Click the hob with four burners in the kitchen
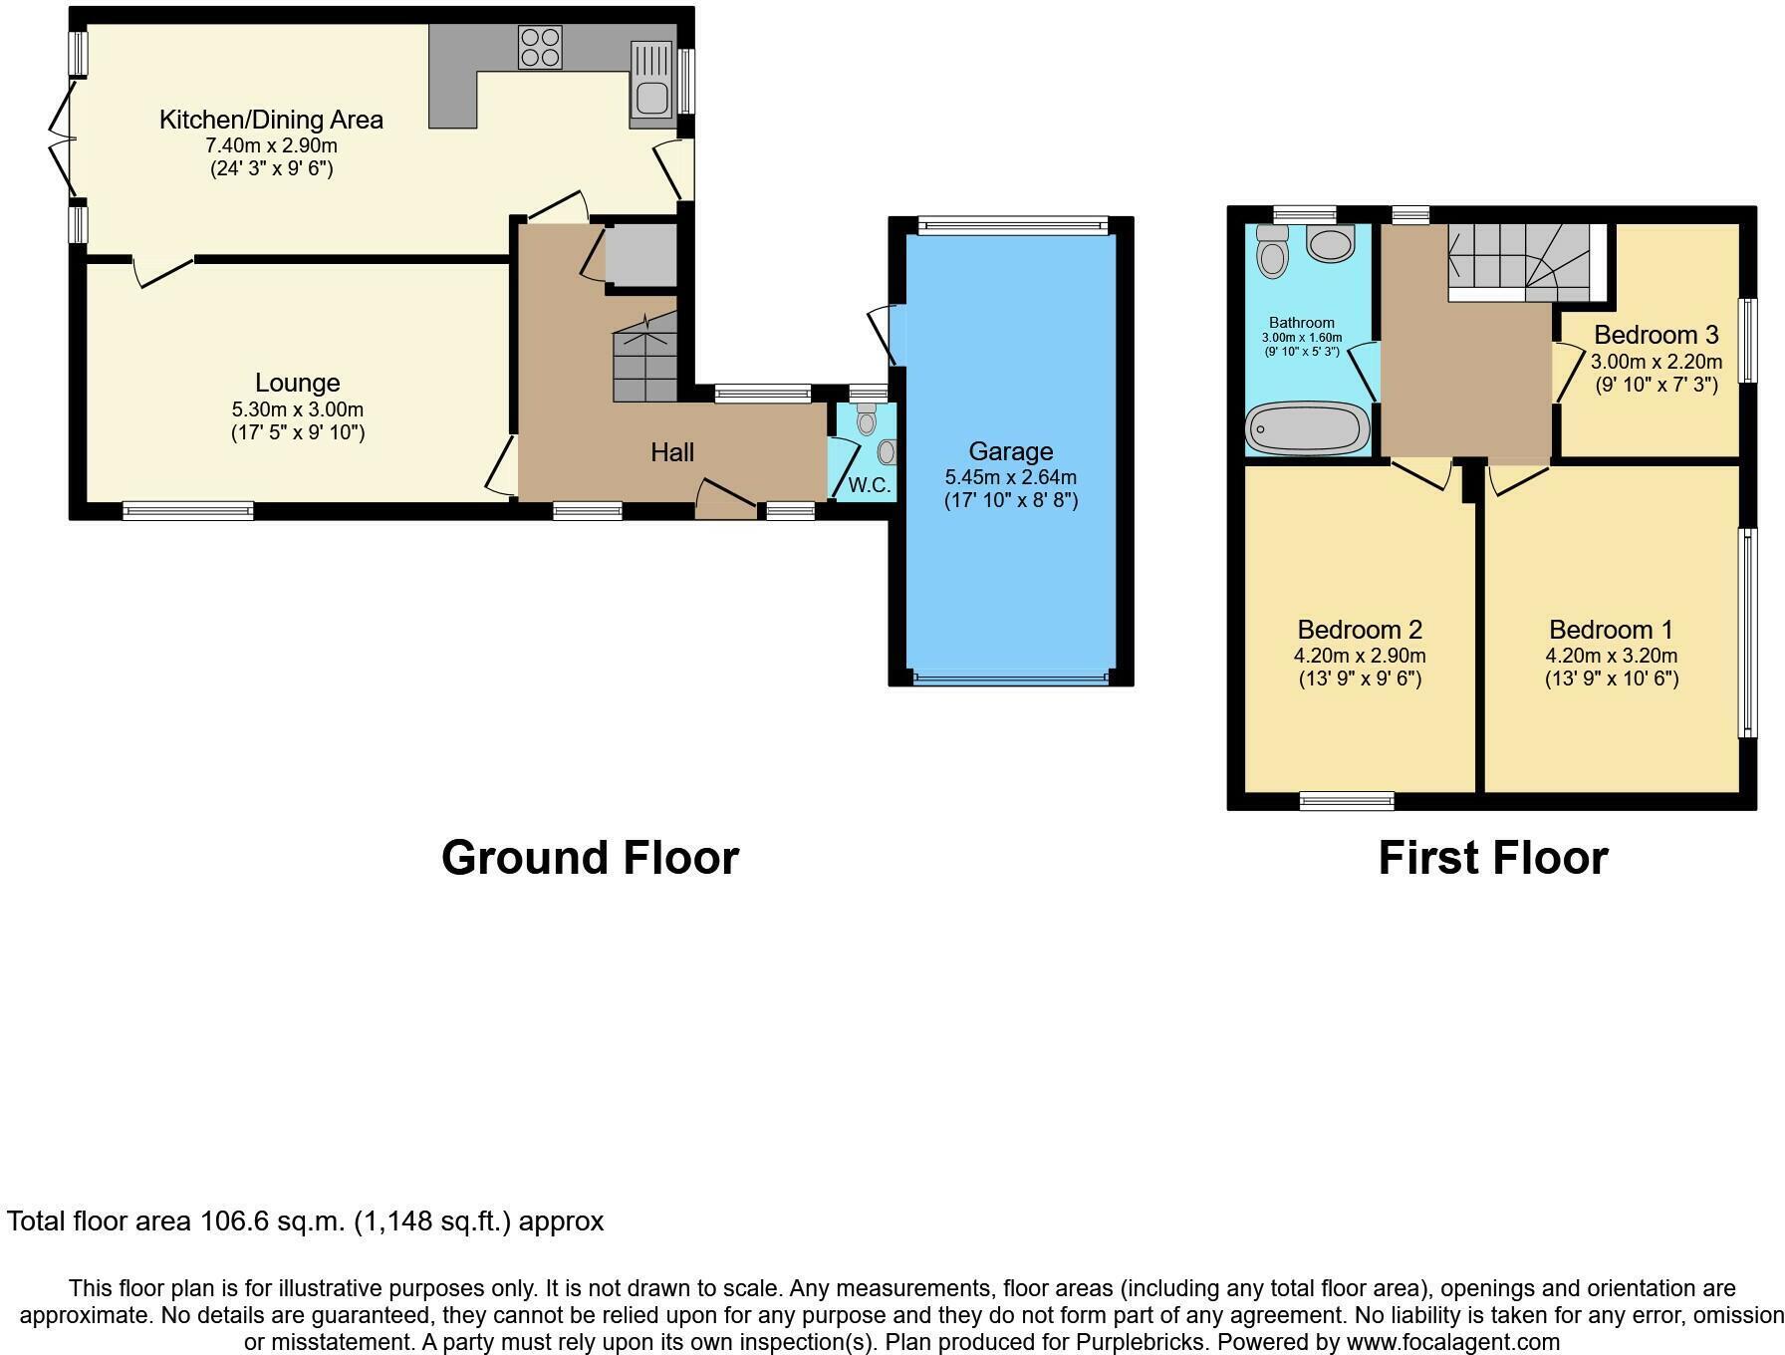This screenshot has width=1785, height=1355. coord(539,47)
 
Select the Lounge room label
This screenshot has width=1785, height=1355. coord(297,383)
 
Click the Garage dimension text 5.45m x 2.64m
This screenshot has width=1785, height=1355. coord(1010,477)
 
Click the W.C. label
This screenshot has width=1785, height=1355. coord(869,486)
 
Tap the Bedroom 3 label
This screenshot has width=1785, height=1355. coord(1656,335)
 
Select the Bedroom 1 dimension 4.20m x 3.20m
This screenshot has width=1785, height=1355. coord(1611,656)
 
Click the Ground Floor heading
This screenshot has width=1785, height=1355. coord(590,858)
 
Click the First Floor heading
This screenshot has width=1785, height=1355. coord(1492,858)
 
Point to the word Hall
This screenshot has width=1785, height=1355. coord(672,452)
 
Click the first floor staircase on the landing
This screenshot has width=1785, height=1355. coord(1519,262)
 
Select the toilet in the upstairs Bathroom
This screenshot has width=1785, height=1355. coord(1272,252)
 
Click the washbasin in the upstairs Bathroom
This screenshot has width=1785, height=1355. coord(1330,242)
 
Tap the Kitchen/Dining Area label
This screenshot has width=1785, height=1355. coord(271,121)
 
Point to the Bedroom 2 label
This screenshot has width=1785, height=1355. coord(1359,630)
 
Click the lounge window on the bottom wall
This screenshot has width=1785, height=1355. coord(187,511)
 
